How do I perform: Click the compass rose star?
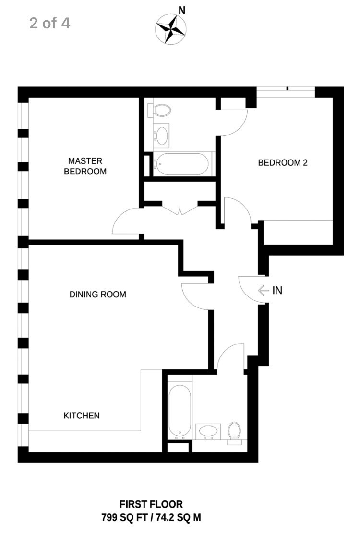(171, 29)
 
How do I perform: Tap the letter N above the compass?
(182, 11)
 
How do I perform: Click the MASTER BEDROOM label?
(85, 166)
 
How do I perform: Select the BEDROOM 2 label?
(283, 162)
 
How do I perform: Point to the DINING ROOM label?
(98, 295)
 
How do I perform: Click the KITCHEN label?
(82, 416)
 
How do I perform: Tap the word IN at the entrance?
(277, 290)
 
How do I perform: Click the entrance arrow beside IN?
(264, 291)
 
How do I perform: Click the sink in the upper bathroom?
(161, 135)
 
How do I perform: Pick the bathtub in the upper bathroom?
(180, 164)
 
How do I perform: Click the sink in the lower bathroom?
(208, 431)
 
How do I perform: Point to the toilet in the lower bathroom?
(234, 432)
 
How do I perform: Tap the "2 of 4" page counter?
(50, 24)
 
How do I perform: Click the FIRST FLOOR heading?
(151, 504)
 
